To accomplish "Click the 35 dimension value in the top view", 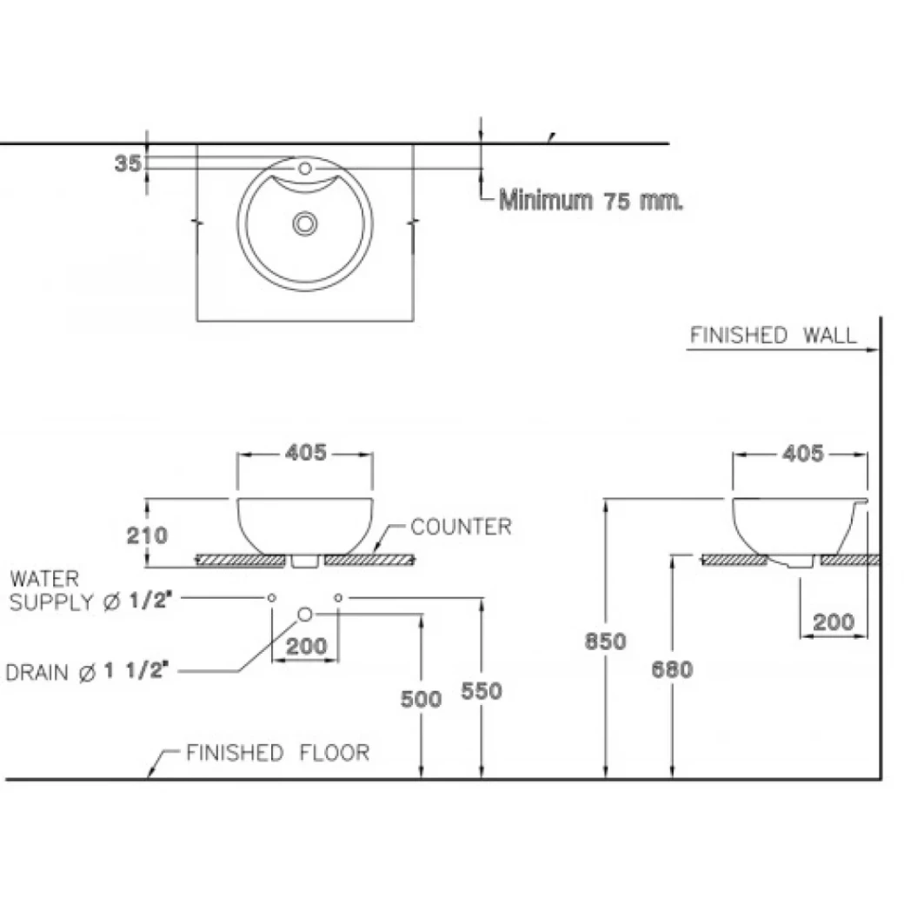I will [127, 163].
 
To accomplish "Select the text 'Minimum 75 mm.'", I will [591, 201].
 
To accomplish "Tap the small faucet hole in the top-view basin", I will [305, 168].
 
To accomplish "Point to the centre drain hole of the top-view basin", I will [305, 223].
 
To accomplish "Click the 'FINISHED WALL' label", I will [773, 336].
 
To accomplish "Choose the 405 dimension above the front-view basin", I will [305, 452].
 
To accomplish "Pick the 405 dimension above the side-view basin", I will [801, 453].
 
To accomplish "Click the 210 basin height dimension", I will [146, 535].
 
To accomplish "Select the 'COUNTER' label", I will [461, 527].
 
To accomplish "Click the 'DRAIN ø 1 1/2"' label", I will [87, 671].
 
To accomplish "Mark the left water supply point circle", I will [272, 597].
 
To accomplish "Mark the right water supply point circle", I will [338, 597].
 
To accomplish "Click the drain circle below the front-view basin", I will [305, 615].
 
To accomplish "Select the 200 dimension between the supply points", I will [306, 646].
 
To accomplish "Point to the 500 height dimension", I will [422, 698].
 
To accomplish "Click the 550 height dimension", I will [482, 690].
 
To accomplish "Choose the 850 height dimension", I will [605, 641].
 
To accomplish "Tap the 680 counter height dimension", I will [672, 669].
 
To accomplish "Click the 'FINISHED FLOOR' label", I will [277, 753].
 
